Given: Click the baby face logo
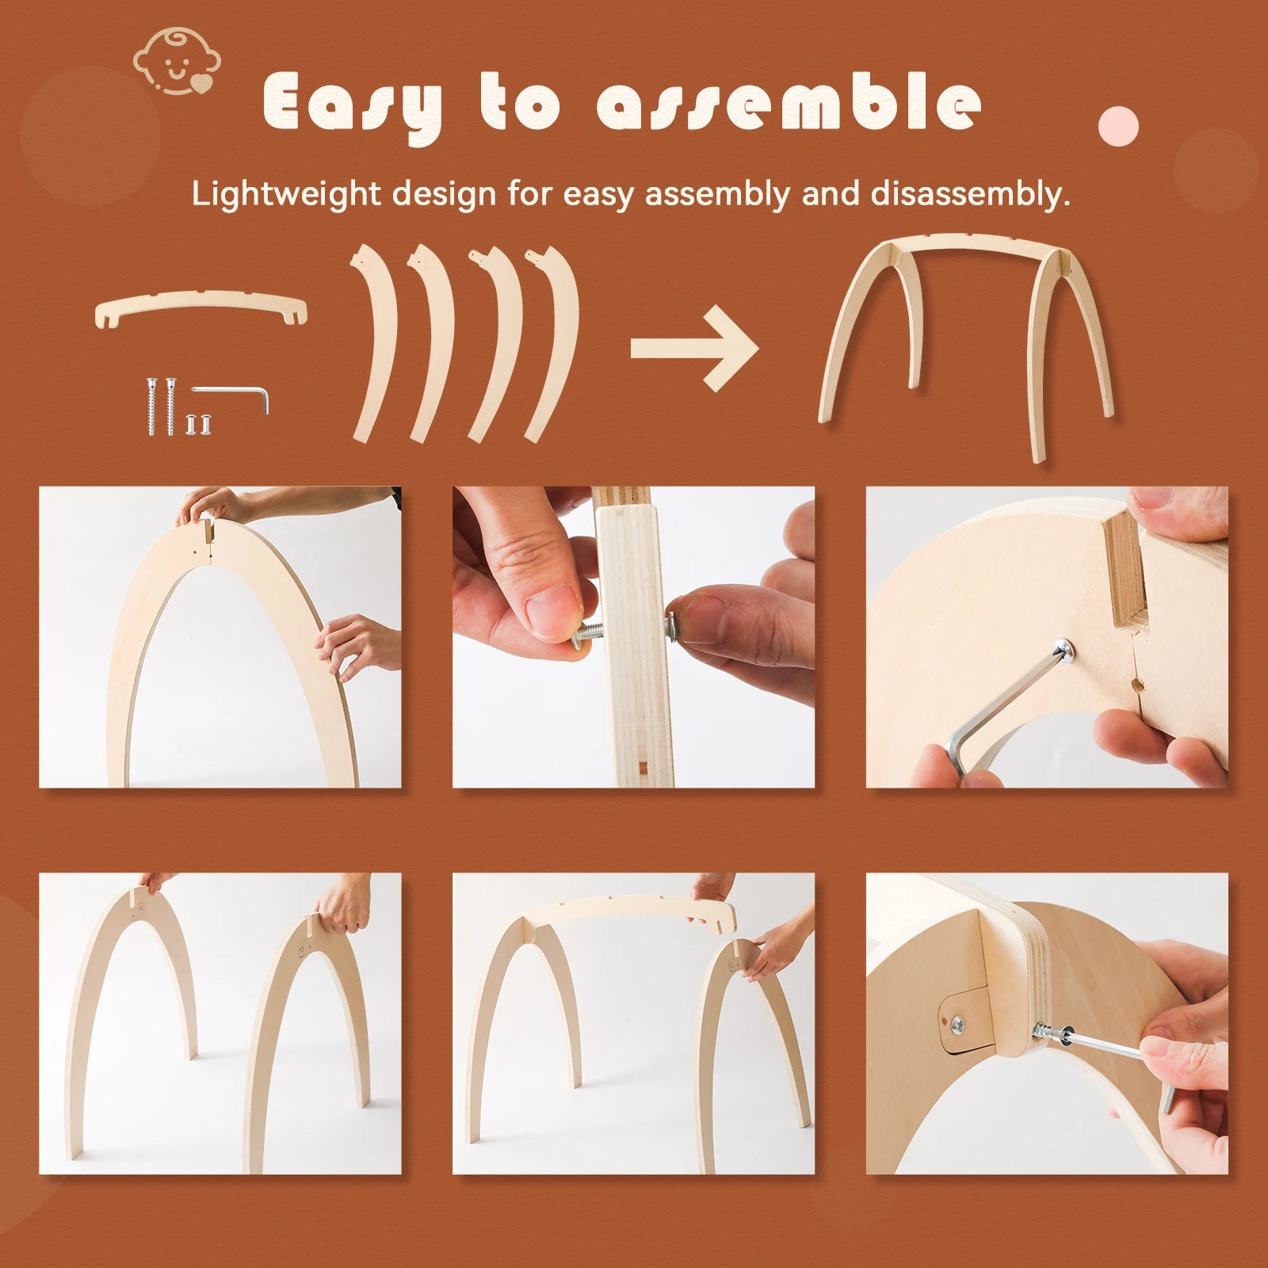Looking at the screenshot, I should tap(176, 62).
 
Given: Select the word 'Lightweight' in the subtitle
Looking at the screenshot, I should tap(285, 194).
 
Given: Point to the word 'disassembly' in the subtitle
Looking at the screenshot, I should tap(970, 194).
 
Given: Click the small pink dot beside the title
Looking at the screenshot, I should tap(1118, 125).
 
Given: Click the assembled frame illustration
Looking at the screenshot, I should tap(966, 341).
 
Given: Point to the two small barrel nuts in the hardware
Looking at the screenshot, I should tap(198, 424).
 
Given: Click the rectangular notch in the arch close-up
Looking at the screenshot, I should tap(1124, 567).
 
